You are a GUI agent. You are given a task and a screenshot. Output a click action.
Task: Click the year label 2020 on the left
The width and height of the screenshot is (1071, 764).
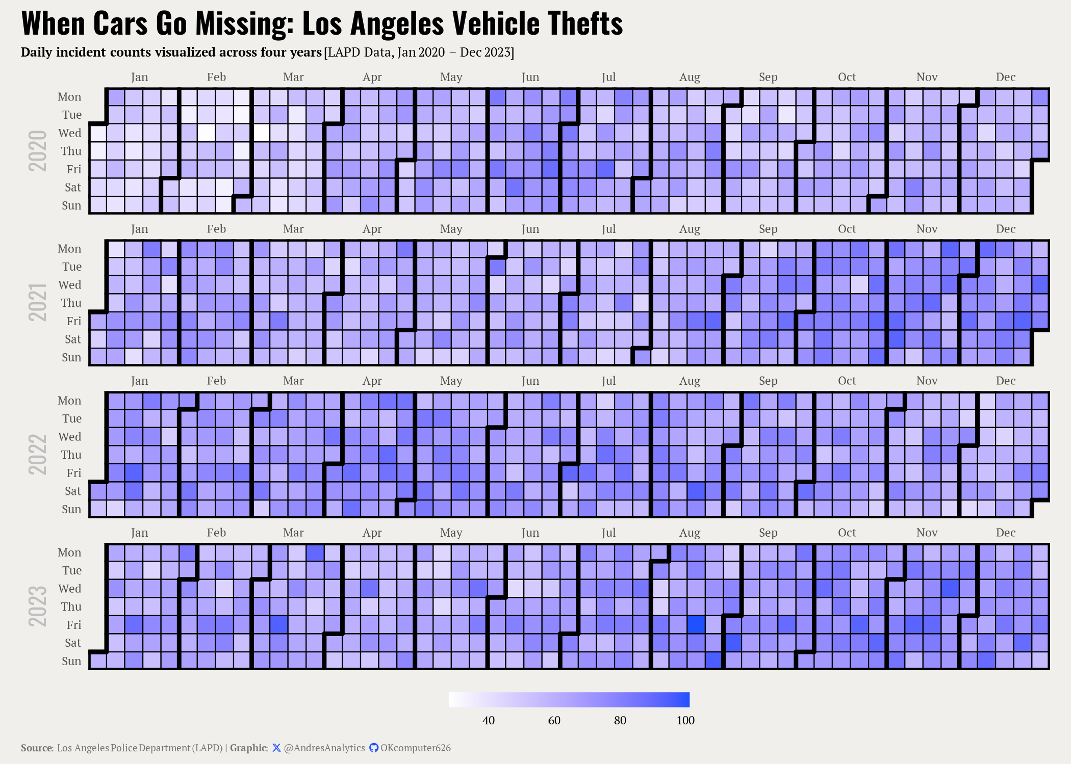coord(37,151)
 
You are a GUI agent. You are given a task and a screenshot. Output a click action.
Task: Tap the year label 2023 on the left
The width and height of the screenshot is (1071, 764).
coord(37,607)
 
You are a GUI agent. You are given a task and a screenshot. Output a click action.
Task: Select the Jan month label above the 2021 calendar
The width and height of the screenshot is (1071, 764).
coord(139,229)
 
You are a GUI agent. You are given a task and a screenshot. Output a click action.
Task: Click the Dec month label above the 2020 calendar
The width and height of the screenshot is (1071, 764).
coord(1006,77)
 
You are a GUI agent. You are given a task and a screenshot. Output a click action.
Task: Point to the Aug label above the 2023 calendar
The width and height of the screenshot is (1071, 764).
coord(690,533)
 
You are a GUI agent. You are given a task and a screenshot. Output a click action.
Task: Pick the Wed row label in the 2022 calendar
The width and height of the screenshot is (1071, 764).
coord(70,437)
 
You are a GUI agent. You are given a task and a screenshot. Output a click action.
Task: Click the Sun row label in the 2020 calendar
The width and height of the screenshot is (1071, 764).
coord(71,205)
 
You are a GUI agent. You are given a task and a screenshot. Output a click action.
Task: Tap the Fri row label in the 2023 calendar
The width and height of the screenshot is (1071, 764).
coord(74,625)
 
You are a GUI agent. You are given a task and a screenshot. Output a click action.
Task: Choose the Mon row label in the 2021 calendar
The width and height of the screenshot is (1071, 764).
coord(69,249)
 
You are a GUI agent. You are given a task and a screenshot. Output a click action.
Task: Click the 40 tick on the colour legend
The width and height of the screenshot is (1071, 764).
coord(489,720)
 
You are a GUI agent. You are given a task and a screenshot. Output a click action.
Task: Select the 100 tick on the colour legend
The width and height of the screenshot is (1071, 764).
coord(685,720)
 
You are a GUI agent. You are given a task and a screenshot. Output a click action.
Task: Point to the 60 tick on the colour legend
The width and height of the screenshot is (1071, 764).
coord(554,720)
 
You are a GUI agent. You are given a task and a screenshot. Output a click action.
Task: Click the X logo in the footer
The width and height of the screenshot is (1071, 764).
coord(276,748)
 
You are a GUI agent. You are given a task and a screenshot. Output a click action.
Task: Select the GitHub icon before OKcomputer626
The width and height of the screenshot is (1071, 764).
coord(374,748)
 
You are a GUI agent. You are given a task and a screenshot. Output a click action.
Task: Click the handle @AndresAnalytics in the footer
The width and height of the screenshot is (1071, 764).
coord(324,748)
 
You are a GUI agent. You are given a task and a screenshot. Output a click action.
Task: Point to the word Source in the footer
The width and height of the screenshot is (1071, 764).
coord(37,748)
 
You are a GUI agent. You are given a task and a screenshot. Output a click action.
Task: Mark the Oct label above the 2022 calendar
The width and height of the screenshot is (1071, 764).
coord(847,381)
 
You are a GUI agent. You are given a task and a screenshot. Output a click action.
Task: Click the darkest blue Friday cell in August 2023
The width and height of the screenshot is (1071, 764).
coord(696,625)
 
